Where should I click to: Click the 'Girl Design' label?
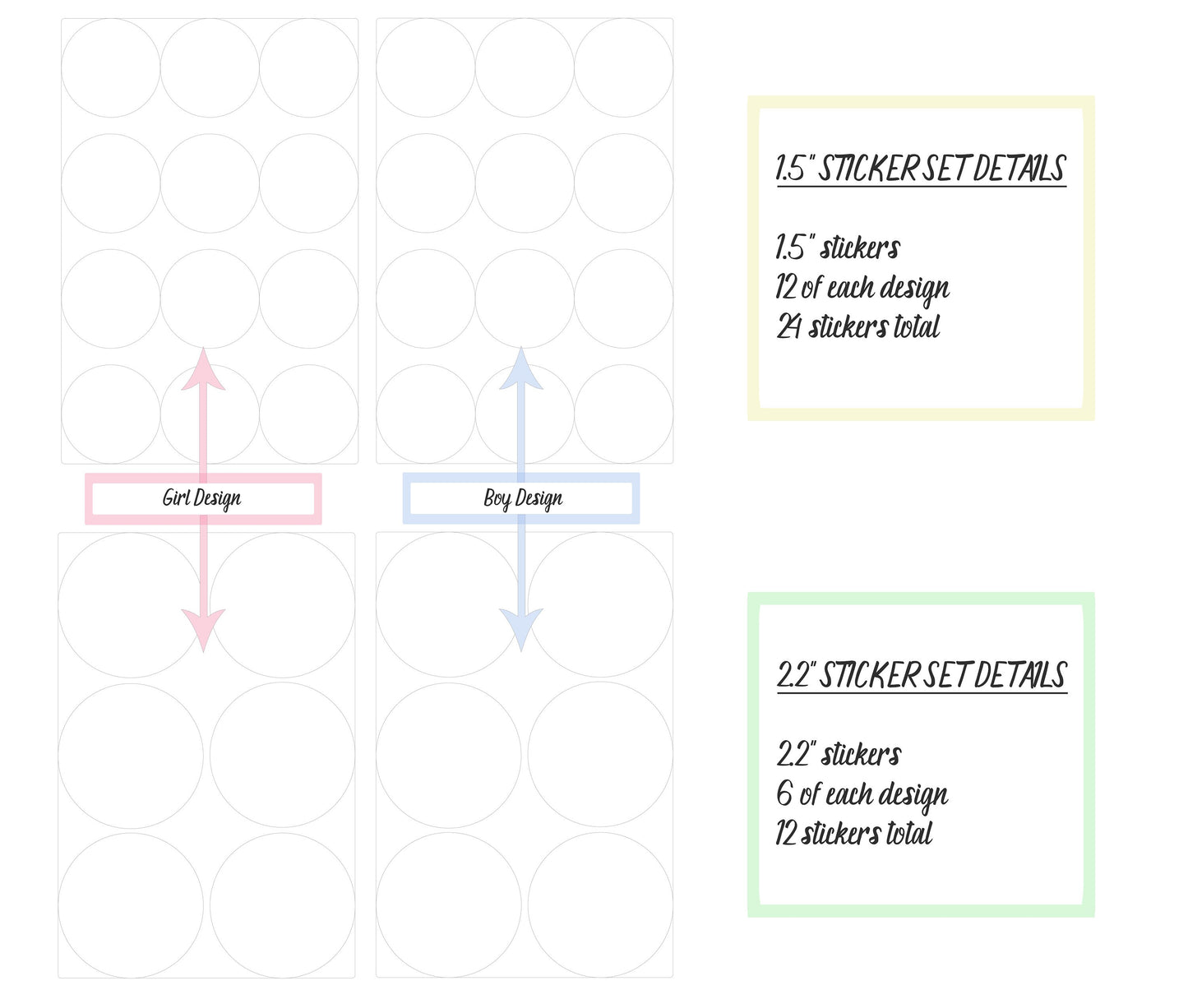click(x=202, y=498)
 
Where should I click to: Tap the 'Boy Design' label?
click(x=523, y=498)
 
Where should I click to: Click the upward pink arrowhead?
click(x=203, y=370)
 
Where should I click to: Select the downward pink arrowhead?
click(x=203, y=629)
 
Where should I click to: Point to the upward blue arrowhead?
click(x=521, y=370)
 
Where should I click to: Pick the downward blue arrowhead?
click(x=521, y=629)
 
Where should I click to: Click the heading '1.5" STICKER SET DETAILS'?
click(x=921, y=169)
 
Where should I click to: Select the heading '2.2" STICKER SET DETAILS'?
click(x=922, y=675)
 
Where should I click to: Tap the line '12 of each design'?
click(x=862, y=288)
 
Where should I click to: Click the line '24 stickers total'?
click(x=857, y=327)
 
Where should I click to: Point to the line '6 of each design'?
click(x=862, y=794)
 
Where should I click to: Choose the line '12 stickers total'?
click(x=853, y=834)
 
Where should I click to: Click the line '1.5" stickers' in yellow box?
click(x=838, y=247)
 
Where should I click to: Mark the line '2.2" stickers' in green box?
click(x=839, y=754)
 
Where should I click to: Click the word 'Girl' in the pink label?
click(x=176, y=497)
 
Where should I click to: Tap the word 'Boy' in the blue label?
click(x=497, y=498)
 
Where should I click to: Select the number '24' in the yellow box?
click(x=788, y=327)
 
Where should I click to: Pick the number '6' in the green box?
click(x=784, y=793)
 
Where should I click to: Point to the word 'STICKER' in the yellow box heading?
click(x=867, y=169)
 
